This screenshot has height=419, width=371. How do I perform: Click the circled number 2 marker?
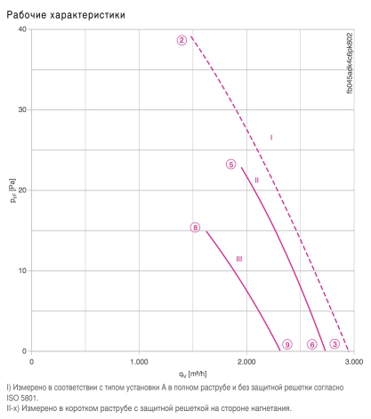pyautogui.click(x=181, y=40)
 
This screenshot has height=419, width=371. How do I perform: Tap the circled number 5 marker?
pyautogui.click(x=231, y=165)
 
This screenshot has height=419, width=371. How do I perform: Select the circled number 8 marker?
pyautogui.click(x=195, y=228)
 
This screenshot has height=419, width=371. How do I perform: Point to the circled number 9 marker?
pyautogui.click(x=287, y=344)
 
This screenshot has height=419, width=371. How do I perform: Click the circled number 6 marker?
pyautogui.click(x=312, y=344)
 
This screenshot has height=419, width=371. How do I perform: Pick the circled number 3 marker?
pyautogui.click(x=335, y=344)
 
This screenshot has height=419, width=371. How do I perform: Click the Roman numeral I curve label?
pyautogui.click(x=271, y=137)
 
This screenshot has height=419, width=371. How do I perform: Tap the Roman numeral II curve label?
pyautogui.click(x=256, y=180)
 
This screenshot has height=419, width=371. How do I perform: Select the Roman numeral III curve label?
pyautogui.click(x=239, y=259)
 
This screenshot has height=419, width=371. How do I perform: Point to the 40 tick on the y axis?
pyautogui.click(x=22, y=29)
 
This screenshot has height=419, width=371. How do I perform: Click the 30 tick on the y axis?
pyautogui.click(x=22, y=109)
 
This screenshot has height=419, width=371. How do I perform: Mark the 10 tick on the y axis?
pyautogui.click(x=22, y=270)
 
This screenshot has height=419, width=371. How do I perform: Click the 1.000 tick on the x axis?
pyautogui.click(x=139, y=362)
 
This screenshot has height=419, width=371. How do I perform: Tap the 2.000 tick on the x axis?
pyautogui.click(x=246, y=362)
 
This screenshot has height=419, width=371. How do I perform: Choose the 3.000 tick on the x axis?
pyautogui.click(x=354, y=362)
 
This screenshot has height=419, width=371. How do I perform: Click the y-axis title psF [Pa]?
pyautogui.click(x=12, y=190)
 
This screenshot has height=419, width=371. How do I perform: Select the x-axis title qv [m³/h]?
pyautogui.click(x=192, y=374)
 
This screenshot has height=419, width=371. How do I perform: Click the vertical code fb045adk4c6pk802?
pyautogui.click(x=350, y=63)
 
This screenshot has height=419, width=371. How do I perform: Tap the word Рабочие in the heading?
pyautogui.click(x=27, y=15)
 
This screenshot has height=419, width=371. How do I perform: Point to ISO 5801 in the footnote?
pyautogui.click(x=21, y=398)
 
